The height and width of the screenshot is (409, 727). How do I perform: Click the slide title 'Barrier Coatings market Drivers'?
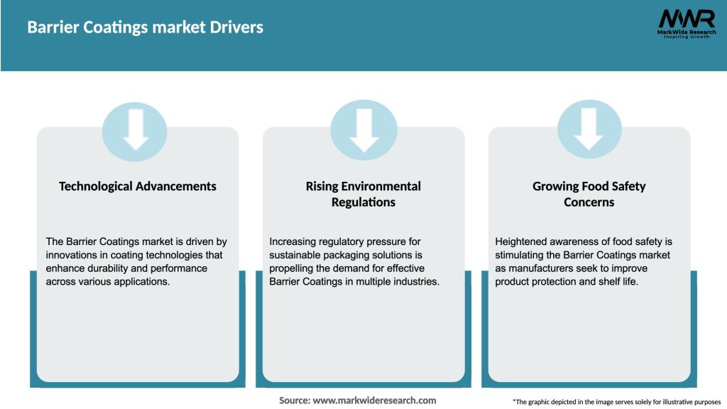pos(145,28)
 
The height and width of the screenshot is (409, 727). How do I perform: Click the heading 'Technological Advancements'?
pos(138,186)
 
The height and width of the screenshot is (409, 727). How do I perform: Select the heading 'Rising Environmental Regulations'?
pos(363,194)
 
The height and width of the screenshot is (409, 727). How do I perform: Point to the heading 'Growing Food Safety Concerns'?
pos(589,194)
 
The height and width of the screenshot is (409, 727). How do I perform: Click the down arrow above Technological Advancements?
pos(135,129)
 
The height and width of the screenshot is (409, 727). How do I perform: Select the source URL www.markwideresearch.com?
pos(374,400)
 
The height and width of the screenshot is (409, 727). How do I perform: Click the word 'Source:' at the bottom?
pos(294,400)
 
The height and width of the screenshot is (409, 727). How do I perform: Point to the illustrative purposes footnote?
pos(616,402)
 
